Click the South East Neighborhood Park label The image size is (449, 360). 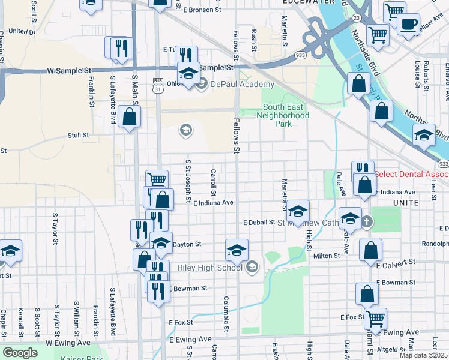tap(285, 116)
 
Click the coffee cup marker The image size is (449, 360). tap(408, 25)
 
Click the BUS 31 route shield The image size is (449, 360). tap(158, 85)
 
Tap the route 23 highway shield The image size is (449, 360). tap(357, 18)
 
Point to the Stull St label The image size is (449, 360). tap(78, 136)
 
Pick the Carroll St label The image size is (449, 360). tap(214, 182)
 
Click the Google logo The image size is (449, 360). tap(20, 353)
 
